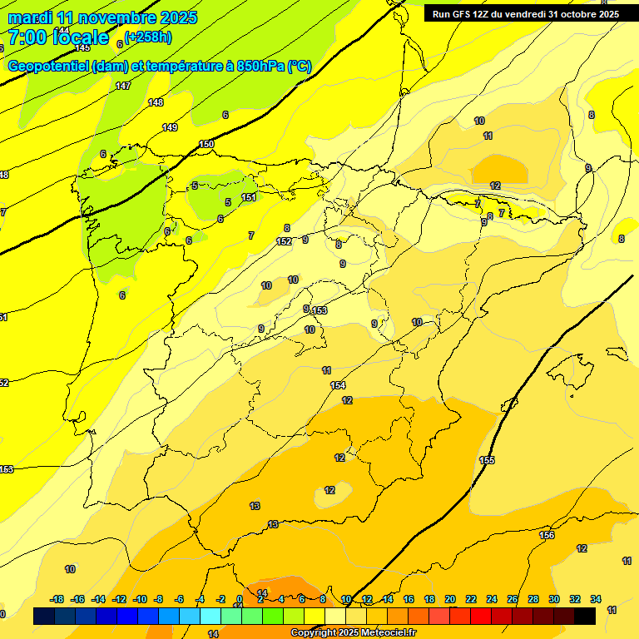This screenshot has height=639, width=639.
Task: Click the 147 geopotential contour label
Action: coord(123,86)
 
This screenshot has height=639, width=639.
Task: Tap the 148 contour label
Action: coord(156,102)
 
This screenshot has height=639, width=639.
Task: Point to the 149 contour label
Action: coord(170,127)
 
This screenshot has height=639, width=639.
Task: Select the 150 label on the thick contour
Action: coord(206,145)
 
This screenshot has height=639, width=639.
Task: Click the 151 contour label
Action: coord(249,197)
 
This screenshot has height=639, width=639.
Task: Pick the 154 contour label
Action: coord(338,385)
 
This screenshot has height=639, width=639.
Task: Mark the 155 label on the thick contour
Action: coord(487,460)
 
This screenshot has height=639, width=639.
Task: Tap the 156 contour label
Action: coord(547,535)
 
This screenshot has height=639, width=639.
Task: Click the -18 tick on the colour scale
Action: coord(57,599)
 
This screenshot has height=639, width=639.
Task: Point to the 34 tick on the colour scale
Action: coord(596,599)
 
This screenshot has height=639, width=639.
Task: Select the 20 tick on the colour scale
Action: coord(450,599)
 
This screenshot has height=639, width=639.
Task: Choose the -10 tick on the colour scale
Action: coord(140,599)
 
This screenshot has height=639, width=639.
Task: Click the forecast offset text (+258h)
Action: coord(149,37)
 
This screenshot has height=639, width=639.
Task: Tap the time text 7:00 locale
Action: coord(58,37)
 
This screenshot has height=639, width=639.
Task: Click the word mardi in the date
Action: coord(28,17)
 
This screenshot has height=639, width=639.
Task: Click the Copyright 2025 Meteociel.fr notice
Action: coord(354,633)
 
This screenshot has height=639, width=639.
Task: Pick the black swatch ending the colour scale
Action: coord(585,616)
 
